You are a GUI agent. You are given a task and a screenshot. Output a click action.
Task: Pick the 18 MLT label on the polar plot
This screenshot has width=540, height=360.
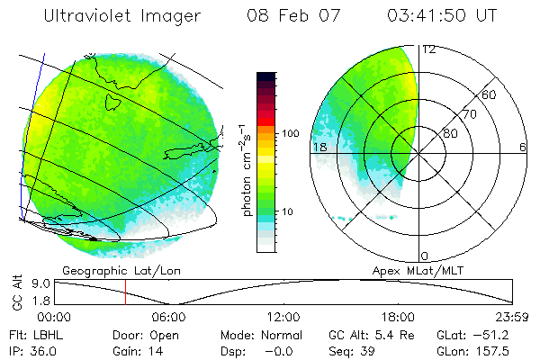(319, 147)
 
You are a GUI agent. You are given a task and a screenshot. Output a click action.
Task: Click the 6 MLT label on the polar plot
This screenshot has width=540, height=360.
(523, 147)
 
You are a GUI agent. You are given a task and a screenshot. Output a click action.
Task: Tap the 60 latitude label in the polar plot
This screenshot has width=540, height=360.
(490, 94)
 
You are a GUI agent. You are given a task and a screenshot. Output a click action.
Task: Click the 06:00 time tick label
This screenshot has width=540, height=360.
(168, 317)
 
